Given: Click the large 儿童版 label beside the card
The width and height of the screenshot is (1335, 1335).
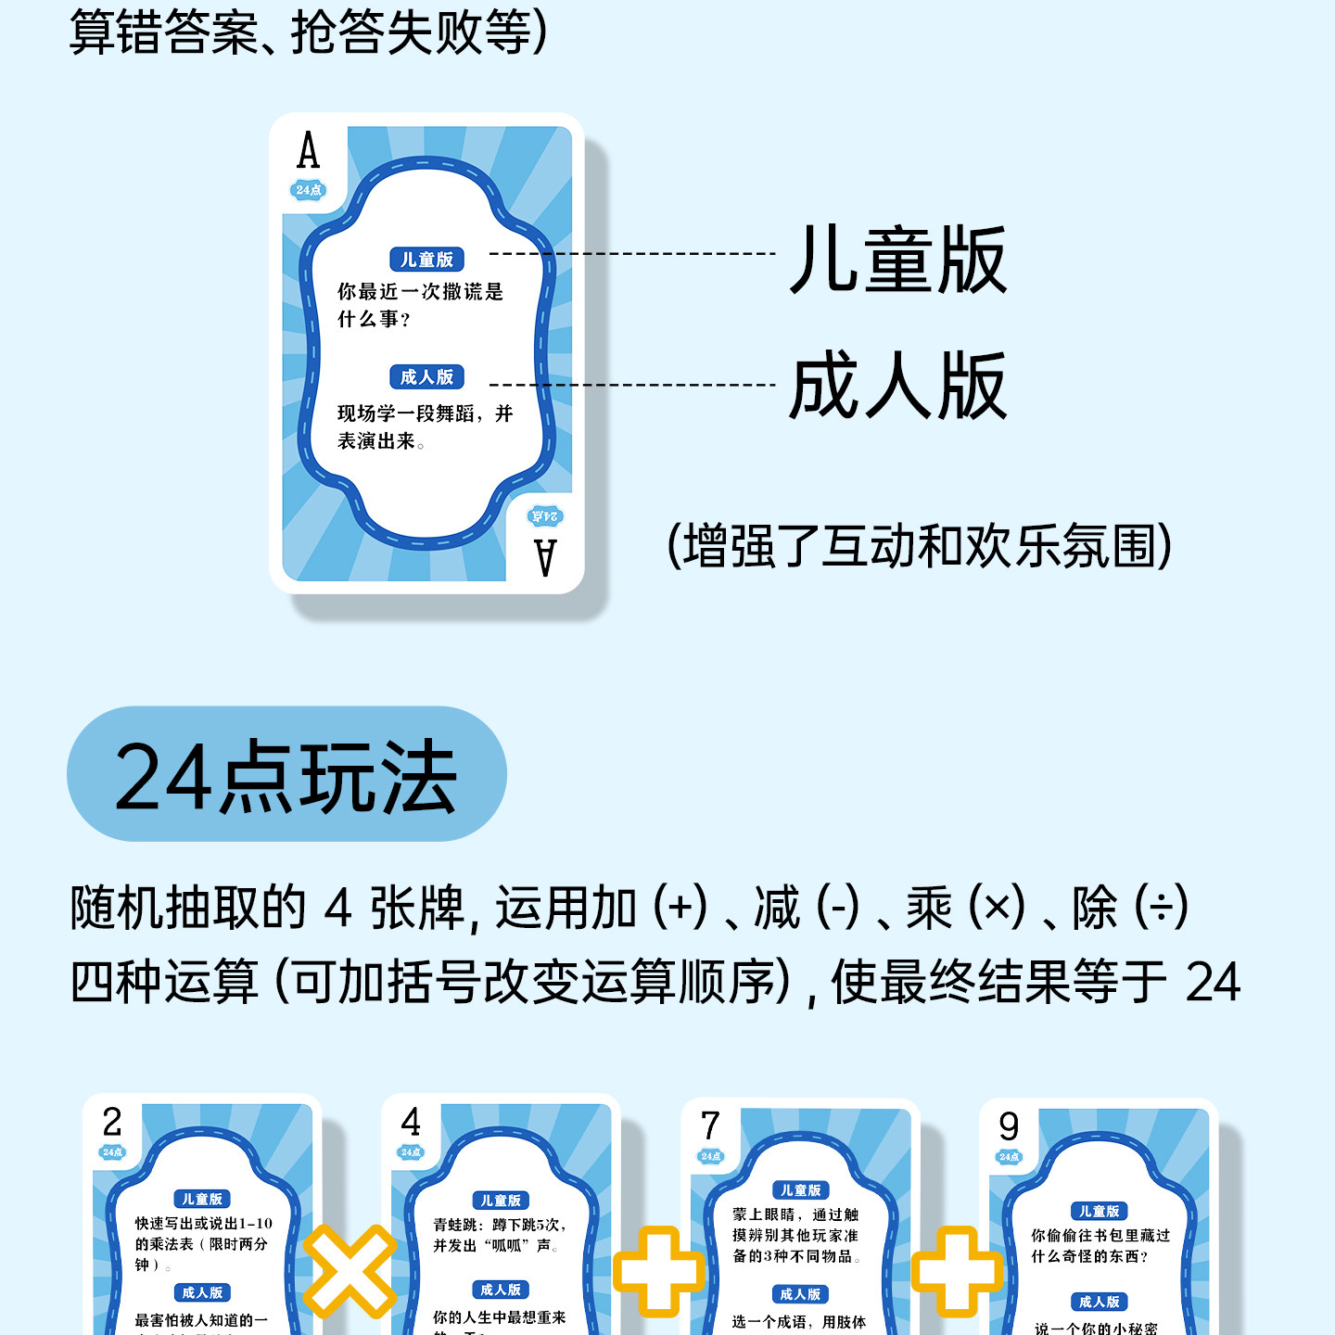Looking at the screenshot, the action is click(897, 261).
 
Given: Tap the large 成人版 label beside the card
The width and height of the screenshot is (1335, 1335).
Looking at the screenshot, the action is click(897, 386).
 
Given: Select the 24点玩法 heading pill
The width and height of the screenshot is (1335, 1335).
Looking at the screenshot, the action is click(286, 774).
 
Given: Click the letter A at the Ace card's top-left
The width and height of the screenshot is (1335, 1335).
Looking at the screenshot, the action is click(308, 151).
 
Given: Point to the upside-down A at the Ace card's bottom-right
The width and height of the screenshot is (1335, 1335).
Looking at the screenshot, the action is click(545, 557).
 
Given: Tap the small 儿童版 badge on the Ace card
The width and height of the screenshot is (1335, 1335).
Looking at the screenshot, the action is click(426, 260).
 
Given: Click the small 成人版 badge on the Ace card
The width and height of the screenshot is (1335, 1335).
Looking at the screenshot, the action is click(426, 377).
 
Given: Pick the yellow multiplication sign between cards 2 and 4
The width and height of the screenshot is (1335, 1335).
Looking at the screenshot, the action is click(350, 1271).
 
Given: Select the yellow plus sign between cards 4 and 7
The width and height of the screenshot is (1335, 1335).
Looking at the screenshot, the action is click(657, 1271).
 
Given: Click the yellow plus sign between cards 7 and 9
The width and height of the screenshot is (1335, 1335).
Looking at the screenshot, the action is click(957, 1271).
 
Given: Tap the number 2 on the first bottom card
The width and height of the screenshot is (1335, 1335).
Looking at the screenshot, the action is click(112, 1123).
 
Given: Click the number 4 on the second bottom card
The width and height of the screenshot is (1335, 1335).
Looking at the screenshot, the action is click(411, 1123).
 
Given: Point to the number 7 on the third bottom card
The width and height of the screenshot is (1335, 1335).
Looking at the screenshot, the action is click(710, 1126).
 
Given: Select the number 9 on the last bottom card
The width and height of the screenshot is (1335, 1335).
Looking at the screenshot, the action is click(1009, 1126).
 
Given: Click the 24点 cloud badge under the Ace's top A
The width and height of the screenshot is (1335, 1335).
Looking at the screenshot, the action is click(309, 190).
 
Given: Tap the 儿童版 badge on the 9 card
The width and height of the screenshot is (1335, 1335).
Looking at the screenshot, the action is click(1099, 1211).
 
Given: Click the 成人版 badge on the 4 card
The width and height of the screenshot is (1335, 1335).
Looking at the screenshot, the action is click(501, 1290).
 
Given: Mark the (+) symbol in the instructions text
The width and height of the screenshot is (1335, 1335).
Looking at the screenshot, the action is click(680, 907).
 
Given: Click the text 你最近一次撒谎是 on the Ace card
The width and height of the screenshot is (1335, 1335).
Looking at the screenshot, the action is click(420, 292).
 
